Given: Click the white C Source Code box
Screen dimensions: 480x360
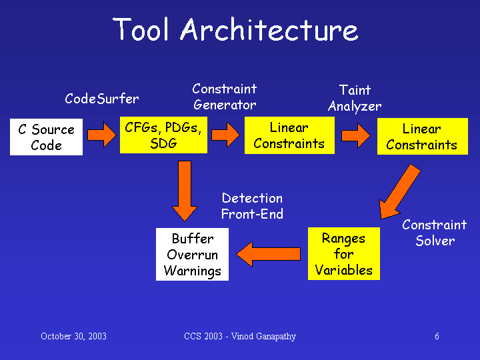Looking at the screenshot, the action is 46,137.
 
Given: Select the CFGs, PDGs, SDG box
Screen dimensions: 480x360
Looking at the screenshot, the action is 163,135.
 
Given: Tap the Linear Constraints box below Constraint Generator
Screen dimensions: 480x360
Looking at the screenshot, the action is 289,135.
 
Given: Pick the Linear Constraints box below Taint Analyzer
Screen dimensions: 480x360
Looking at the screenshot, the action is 423,136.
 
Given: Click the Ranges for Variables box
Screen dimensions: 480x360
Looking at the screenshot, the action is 344,253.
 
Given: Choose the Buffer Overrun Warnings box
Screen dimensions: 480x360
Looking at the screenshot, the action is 192,254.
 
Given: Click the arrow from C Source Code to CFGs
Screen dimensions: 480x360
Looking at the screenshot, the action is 101,135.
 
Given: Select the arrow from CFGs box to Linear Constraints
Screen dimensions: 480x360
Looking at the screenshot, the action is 225,135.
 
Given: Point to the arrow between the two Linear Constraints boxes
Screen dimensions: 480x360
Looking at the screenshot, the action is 356,135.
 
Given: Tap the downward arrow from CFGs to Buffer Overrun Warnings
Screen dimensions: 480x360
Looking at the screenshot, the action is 185,191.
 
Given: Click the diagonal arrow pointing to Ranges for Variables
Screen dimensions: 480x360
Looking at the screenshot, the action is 399,192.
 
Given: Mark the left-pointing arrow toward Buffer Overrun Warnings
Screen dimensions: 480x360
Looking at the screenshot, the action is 269,254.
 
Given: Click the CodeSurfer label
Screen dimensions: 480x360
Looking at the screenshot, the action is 102,99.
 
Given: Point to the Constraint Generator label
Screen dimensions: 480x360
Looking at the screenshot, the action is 225,97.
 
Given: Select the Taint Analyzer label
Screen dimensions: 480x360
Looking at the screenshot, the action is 355,98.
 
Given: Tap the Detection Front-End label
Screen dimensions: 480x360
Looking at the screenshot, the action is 252,206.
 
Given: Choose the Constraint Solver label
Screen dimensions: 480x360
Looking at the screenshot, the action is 435,233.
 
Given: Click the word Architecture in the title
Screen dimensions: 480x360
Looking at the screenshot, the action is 269,29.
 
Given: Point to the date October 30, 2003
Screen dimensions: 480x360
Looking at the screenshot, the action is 73,336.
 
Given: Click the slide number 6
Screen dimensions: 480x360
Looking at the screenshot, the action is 437,336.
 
